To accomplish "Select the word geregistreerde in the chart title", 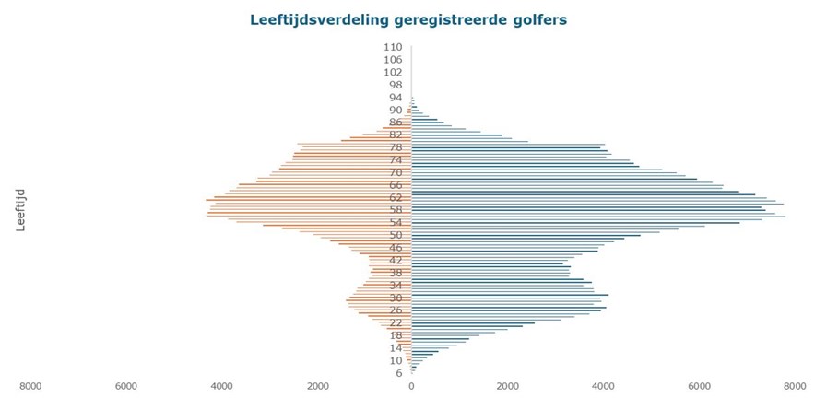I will [x=447, y=18].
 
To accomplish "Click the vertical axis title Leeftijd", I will [x=21, y=209].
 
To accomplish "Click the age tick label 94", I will [x=396, y=97].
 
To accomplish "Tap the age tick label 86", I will [x=396, y=122].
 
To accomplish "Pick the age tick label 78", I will [x=396, y=147].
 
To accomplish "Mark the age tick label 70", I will [x=396, y=172].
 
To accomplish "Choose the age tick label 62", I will [x=396, y=197].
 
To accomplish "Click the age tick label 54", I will [x=396, y=222].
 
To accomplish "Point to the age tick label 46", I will [x=396, y=248].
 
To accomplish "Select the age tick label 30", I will [x=396, y=298].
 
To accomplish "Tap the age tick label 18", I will [x=396, y=335].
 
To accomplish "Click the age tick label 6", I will [x=399, y=373].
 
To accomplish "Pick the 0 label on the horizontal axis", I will [x=411, y=387].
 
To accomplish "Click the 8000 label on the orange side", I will [x=30, y=387].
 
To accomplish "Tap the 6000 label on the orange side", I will [x=125, y=387].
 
